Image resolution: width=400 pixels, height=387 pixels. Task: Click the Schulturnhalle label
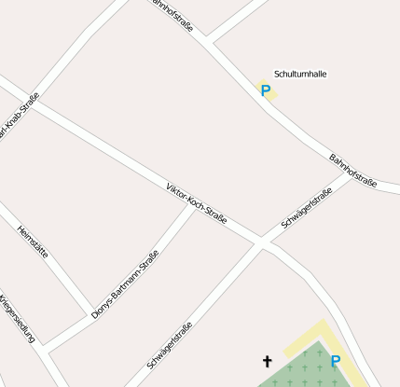coord(300,74)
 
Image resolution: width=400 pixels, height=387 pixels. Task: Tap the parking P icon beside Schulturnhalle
coord(266,90)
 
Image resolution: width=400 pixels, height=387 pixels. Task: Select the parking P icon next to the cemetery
coord(336,361)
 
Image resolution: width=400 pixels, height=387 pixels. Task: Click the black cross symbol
coord(268,361)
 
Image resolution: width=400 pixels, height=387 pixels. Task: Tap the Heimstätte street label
coord(33,242)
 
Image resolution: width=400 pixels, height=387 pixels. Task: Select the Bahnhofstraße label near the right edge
coord(353,171)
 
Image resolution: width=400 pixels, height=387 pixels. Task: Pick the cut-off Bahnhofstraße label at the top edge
coord(173,14)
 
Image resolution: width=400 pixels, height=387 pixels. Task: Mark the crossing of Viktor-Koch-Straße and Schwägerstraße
coord(262,244)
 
